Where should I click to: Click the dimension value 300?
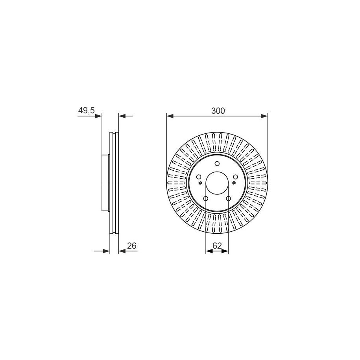[218, 111]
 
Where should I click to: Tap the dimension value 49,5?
[86, 111]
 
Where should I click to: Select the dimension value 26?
[132, 246]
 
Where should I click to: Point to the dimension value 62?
[217, 246]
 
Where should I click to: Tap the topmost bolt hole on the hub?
[217, 163]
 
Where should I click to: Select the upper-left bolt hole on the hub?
[199, 177]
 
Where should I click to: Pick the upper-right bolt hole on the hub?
[235, 177]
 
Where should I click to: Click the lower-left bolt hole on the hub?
[206, 198]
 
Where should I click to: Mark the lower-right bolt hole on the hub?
[229, 198]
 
